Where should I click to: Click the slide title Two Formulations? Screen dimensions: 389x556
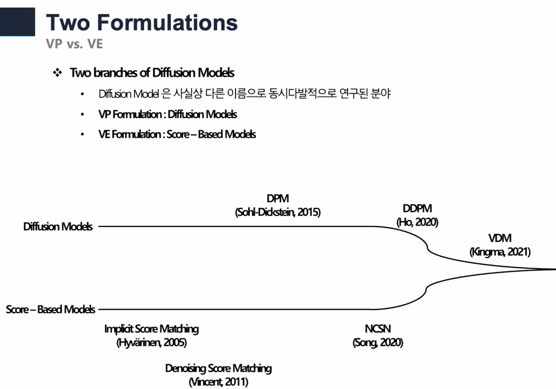tap(142, 22)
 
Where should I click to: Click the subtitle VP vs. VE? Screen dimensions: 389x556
tap(74, 44)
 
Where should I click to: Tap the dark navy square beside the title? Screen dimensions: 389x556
tap(18, 22)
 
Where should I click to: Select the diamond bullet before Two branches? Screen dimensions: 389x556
tap(57, 73)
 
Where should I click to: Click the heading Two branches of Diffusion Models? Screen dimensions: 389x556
tap(152, 73)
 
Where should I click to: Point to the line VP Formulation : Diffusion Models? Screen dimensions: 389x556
tap(168, 115)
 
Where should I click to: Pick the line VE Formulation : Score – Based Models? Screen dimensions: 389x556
tap(177, 134)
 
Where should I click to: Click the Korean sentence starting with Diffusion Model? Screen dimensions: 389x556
tap(244, 94)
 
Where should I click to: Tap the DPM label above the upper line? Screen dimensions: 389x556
tap(278, 199)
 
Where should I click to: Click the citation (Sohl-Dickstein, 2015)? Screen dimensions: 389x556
tap(278, 212)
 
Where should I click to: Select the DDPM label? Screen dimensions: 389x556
tap(417, 209)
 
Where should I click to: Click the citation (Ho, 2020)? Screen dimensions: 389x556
tap(417, 222)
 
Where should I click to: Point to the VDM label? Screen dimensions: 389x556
tap(500, 238)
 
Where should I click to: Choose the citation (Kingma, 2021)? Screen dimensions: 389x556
tap(500, 252)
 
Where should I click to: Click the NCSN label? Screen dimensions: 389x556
tap(378, 329)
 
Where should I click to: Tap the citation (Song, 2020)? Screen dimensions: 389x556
tap(378, 343)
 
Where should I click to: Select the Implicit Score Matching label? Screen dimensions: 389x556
tap(151, 329)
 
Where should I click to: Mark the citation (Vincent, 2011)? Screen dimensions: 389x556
tap(218, 382)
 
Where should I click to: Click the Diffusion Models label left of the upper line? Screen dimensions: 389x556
tap(58, 227)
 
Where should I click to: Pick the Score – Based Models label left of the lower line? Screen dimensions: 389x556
tap(51, 310)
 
